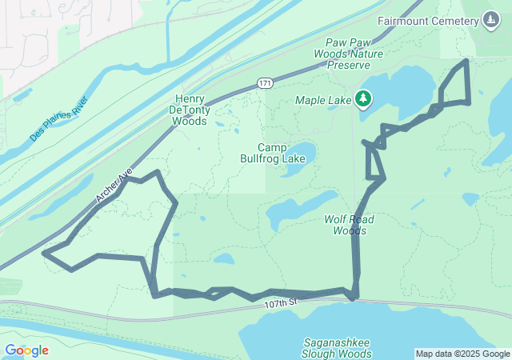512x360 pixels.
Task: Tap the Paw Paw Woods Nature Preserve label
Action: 354,54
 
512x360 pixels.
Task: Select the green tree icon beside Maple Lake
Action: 364,98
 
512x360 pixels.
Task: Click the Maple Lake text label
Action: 323,100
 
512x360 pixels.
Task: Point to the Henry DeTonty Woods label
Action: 190,110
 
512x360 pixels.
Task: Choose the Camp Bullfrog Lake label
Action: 272,153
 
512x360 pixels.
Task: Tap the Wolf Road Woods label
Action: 350,225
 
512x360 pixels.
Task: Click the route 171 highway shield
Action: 266,83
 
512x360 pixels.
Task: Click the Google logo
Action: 26,350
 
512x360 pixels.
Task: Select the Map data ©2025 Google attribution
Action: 462,354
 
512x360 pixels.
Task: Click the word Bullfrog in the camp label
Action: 261,158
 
